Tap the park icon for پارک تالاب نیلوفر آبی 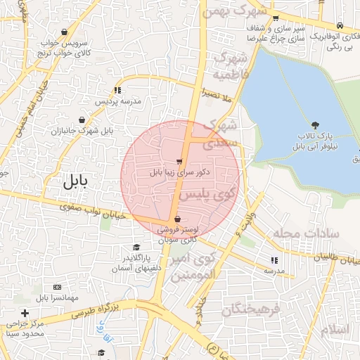[x=314, y=124]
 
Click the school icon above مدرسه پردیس [x=117, y=90]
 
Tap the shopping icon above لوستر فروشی [x=177, y=219]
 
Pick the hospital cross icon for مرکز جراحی [x=25, y=312]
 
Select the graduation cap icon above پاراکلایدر [x=136, y=247]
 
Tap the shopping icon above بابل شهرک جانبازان [x=83, y=120]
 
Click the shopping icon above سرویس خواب [x=65, y=32]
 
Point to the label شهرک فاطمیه [x=231, y=65]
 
